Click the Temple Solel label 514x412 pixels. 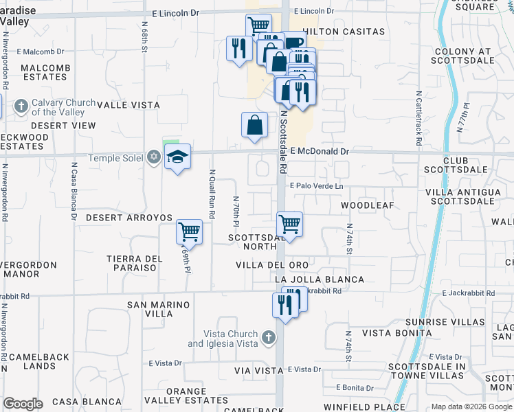tap(115, 159)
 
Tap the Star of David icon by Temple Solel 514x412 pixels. tap(154, 159)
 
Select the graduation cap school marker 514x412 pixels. tap(178, 157)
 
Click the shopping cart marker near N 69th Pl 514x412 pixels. tap(189, 231)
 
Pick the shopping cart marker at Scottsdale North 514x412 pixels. tap(290, 224)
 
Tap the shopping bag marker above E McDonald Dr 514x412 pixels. tap(254, 125)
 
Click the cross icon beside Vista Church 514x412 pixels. tap(269, 338)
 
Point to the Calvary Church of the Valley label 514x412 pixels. tap(58, 107)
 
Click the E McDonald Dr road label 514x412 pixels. tap(320, 151)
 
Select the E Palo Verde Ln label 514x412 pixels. tap(316, 186)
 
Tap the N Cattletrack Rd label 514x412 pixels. tap(418, 117)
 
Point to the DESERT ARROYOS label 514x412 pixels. tap(129, 217)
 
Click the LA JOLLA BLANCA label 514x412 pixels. tap(319, 279)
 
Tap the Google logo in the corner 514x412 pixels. tap(23, 404)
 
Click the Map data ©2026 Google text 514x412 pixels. tap(471, 407)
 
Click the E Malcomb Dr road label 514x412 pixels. tap(40, 51)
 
